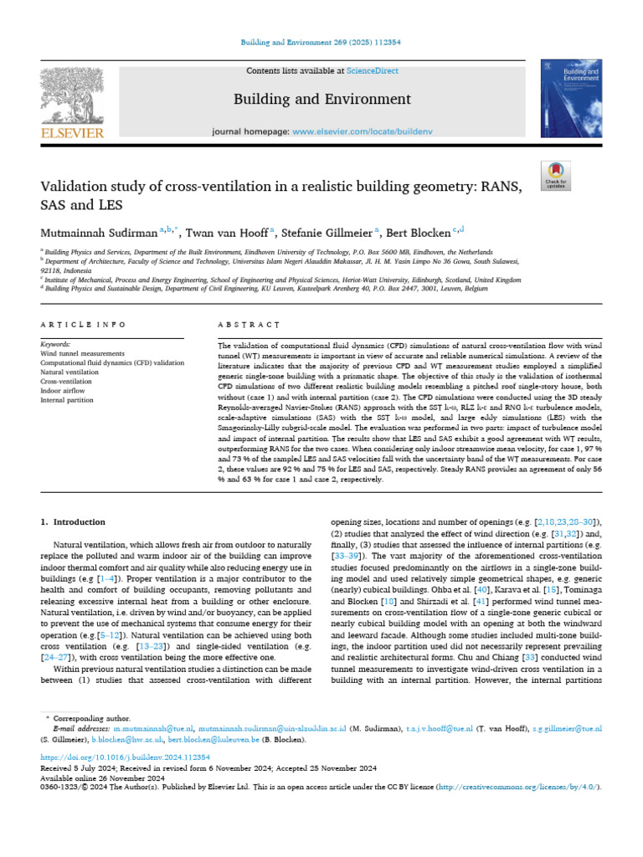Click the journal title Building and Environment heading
[x=321, y=100]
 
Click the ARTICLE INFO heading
[x=84, y=324]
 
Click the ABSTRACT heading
[x=249, y=324]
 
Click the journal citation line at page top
[x=321, y=41]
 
